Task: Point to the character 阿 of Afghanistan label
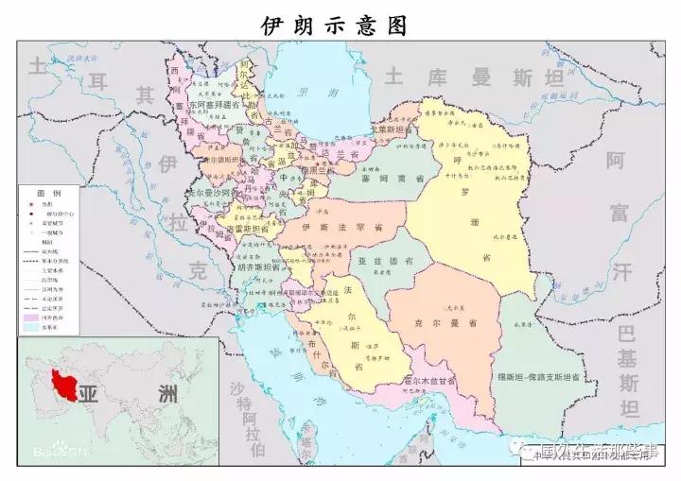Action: (x=617, y=160)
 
